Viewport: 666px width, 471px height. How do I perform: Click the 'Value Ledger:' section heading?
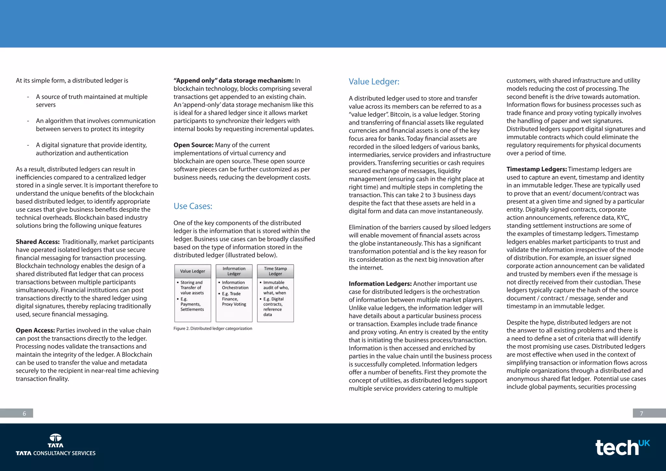pos(374,82)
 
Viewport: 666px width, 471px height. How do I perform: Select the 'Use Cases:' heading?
pos(193,206)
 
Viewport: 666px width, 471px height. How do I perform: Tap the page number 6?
pos(24,413)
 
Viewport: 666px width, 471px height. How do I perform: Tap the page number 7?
pos(641,413)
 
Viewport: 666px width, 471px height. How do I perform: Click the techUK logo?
pos(622,448)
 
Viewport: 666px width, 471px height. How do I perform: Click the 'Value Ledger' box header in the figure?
pos(193,271)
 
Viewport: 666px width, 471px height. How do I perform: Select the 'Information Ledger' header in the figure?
pos(234,271)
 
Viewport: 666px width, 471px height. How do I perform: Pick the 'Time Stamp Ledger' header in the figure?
pos(275,271)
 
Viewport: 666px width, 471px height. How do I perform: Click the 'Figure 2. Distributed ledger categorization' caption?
pos(213,329)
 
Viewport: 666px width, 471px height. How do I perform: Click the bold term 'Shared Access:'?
pos(38,242)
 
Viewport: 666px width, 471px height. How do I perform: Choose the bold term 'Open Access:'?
pos(35,330)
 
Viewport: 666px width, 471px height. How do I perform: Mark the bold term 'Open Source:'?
pos(193,145)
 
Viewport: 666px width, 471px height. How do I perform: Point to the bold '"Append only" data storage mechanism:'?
pos(233,81)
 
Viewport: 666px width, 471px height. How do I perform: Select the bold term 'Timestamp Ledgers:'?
pos(537,169)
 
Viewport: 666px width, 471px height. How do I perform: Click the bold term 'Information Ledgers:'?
pos(380,284)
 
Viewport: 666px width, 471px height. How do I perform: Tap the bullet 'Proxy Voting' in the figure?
pos(234,304)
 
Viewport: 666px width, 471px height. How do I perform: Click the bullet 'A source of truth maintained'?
pos(91,97)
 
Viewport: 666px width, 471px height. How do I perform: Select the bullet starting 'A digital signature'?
pos(91,145)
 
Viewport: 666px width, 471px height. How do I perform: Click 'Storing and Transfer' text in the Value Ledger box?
pos(191,285)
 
